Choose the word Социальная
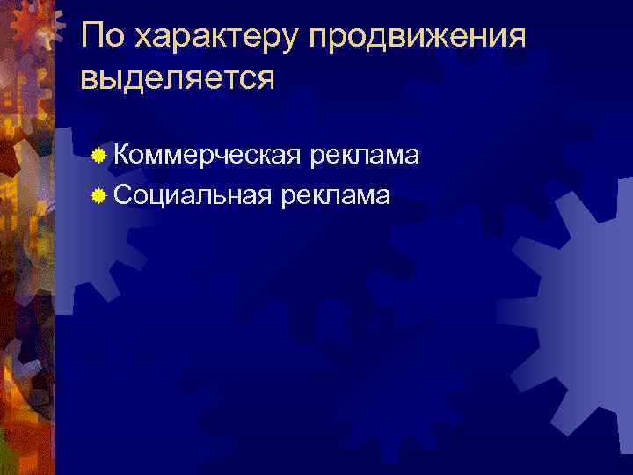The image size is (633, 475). pos(192,194)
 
